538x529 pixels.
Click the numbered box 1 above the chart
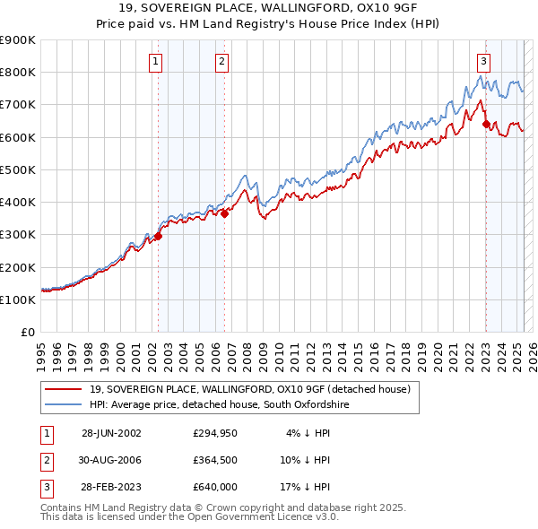coord(156,62)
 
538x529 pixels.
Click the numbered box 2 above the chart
coord(221,62)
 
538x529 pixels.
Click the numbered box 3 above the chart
coord(483,62)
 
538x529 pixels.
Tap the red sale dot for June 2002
coord(159,237)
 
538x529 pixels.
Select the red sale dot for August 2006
coord(225,213)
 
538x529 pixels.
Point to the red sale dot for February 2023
coord(486,125)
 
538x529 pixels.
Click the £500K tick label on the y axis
coord(17,169)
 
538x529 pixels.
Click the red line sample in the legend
coord(63,389)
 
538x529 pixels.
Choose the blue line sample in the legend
coord(63,405)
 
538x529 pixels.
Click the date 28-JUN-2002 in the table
coord(111,432)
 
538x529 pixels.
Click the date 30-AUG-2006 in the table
coord(111,459)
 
